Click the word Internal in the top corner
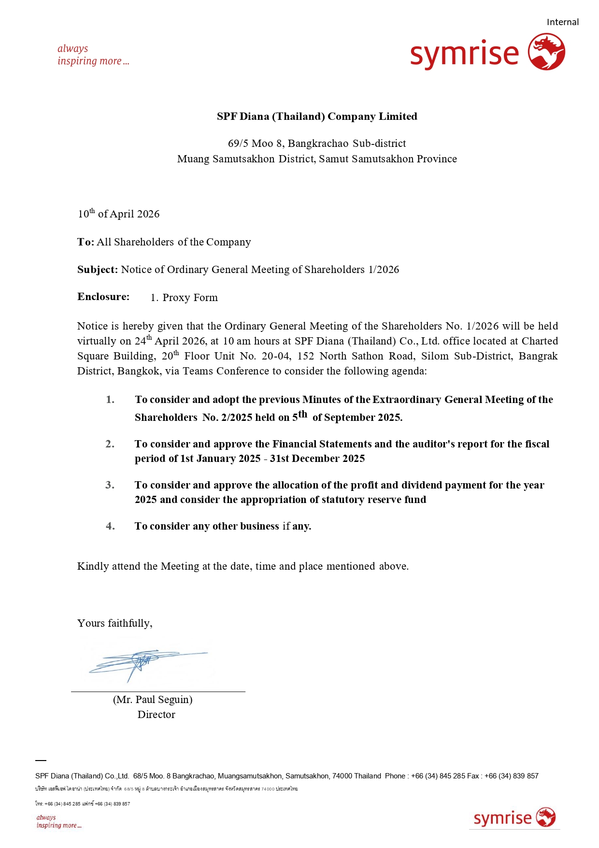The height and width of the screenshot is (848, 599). tap(562, 22)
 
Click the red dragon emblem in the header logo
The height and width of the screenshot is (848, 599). tap(546, 52)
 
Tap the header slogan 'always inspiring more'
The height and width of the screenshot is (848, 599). tap(93, 55)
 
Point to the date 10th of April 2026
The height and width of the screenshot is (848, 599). tap(119, 214)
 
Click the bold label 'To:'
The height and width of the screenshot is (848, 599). tap(86, 242)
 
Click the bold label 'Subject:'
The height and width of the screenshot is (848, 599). tap(98, 270)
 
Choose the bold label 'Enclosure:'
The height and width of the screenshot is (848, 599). tap(103, 297)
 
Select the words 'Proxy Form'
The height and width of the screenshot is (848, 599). tap(190, 298)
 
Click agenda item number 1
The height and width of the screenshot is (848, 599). tap(110, 400)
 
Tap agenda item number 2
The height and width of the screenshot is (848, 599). tap(110, 444)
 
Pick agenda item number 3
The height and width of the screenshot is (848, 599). tap(110, 485)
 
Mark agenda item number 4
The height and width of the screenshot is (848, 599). tap(110, 526)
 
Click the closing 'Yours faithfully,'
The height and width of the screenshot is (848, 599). tap(115, 623)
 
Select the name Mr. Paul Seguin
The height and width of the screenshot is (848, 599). tap(153, 700)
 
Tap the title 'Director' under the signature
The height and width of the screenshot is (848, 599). tap(156, 715)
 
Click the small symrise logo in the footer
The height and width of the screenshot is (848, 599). tap(514, 818)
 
